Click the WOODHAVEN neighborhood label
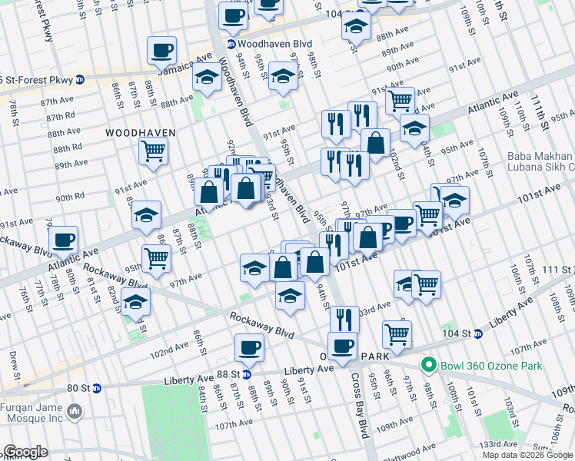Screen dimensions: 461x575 (x=141, y=133)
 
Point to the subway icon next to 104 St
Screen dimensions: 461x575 (x=477, y=333)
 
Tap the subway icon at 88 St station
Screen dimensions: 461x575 (x=247, y=374)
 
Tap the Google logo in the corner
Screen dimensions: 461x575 (x=25, y=451)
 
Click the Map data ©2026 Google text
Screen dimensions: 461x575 (x=527, y=455)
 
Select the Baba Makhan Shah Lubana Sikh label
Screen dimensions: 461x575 (x=540, y=161)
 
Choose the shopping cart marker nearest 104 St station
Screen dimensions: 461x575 (x=397, y=333)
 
